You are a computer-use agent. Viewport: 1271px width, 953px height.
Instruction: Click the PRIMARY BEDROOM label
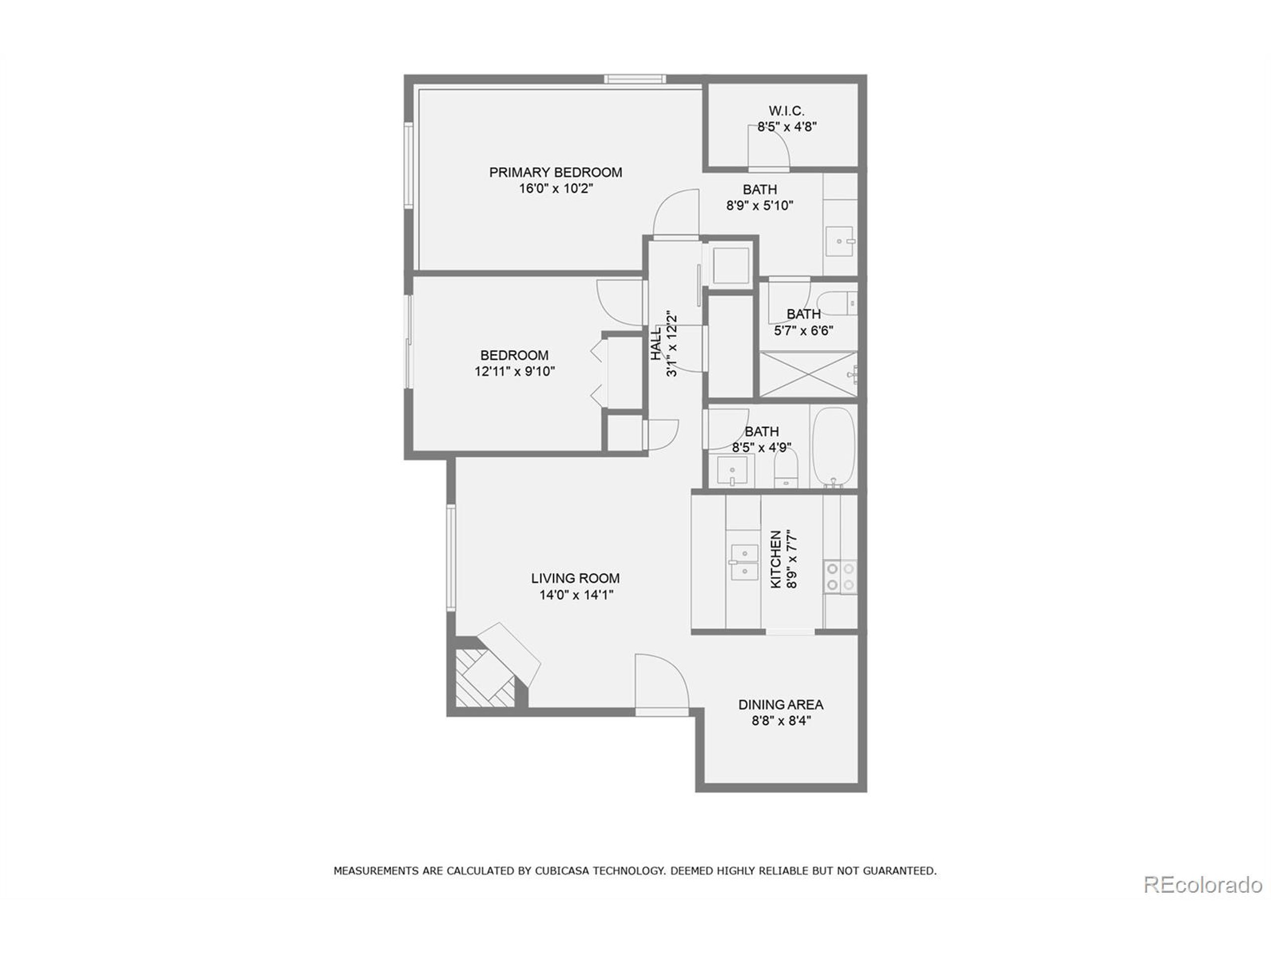click(x=555, y=172)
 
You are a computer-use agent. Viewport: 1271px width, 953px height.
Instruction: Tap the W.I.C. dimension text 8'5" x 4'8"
click(x=786, y=127)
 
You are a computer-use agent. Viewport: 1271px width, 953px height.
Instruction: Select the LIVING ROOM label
click(x=575, y=578)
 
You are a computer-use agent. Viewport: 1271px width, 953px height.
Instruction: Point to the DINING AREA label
click(x=780, y=705)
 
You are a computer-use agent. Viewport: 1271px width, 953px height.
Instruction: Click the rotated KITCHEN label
click(x=776, y=559)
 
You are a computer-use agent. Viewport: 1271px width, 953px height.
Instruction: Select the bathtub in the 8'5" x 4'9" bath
click(x=833, y=446)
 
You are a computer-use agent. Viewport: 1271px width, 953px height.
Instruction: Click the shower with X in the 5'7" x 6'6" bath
click(x=808, y=374)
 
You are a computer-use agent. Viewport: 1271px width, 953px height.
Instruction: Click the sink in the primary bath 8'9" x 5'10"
click(x=840, y=242)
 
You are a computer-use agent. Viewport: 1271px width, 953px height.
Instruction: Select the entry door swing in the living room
click(x=661, y=683)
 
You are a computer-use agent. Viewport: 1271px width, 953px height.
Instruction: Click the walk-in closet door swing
click(x=768, y=147)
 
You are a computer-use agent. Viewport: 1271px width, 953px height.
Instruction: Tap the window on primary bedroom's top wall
click(x=635, y=79)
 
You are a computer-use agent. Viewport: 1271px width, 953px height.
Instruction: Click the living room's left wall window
click(x=451, y=557)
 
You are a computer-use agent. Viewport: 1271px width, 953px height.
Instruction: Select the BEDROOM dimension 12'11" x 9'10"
click(x=514, y=372)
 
